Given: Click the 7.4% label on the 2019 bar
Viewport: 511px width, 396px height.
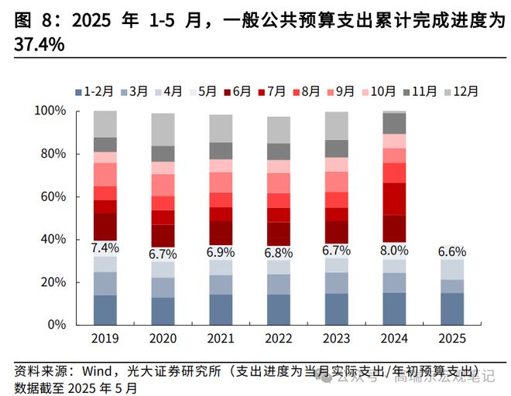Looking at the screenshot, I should pos(105,248).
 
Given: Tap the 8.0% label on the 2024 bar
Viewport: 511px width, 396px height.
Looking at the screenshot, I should pos(394,251).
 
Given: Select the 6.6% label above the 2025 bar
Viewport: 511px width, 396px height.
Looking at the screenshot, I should pos(452,252).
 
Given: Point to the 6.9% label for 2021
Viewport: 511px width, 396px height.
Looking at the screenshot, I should pos(221,253).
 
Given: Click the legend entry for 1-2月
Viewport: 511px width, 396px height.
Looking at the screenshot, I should pos(94,90).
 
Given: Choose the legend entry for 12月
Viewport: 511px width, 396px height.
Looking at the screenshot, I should pos(460,90).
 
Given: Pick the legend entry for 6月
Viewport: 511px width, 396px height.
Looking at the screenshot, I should pos(235,90).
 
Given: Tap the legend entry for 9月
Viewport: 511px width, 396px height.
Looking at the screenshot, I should pos(341,90).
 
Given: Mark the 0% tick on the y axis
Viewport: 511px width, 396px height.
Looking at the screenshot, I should pos(57,325).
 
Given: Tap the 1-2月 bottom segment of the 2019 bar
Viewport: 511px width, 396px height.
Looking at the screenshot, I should pos(105,309).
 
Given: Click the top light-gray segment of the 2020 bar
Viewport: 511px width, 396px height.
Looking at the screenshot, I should pos(163,129).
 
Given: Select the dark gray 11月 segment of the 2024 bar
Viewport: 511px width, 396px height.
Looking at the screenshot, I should pos(394,124).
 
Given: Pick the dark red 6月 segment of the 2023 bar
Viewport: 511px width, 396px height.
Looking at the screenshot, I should pos(336,232).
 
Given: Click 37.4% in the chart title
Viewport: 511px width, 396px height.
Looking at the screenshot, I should pos(39,46).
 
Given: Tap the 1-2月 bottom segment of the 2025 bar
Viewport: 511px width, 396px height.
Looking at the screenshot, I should pos(452,309).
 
